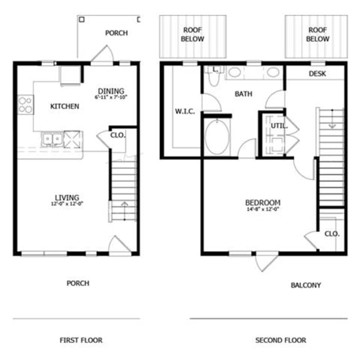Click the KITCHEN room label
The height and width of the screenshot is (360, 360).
[x=64, y=106]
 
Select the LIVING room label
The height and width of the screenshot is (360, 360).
[x=67, y=198]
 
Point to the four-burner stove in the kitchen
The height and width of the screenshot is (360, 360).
[x=26, y=105]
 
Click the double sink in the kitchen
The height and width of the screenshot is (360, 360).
[x=51, y=138]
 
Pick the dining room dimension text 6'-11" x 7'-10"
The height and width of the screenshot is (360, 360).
[x=110, y=97]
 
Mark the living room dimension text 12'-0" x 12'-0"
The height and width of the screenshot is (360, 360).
[x=67, y=204]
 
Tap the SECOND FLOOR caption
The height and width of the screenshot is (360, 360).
[x=281, y=340]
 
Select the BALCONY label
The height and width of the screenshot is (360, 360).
[x=306, y=285]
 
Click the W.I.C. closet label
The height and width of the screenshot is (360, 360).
[x=185, y=112]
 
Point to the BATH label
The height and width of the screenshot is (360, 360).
[x=243, y=94]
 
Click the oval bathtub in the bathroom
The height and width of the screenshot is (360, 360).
[x=217, y=137]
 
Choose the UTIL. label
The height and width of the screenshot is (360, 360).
[x=278, y=126]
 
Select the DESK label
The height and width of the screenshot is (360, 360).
[x=317, y=74]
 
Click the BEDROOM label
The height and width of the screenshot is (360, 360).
[x=262, y=202]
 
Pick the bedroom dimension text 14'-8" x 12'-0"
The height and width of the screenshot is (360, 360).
[x=262, y=210]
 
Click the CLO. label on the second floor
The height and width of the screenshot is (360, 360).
[x=331, y=233]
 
